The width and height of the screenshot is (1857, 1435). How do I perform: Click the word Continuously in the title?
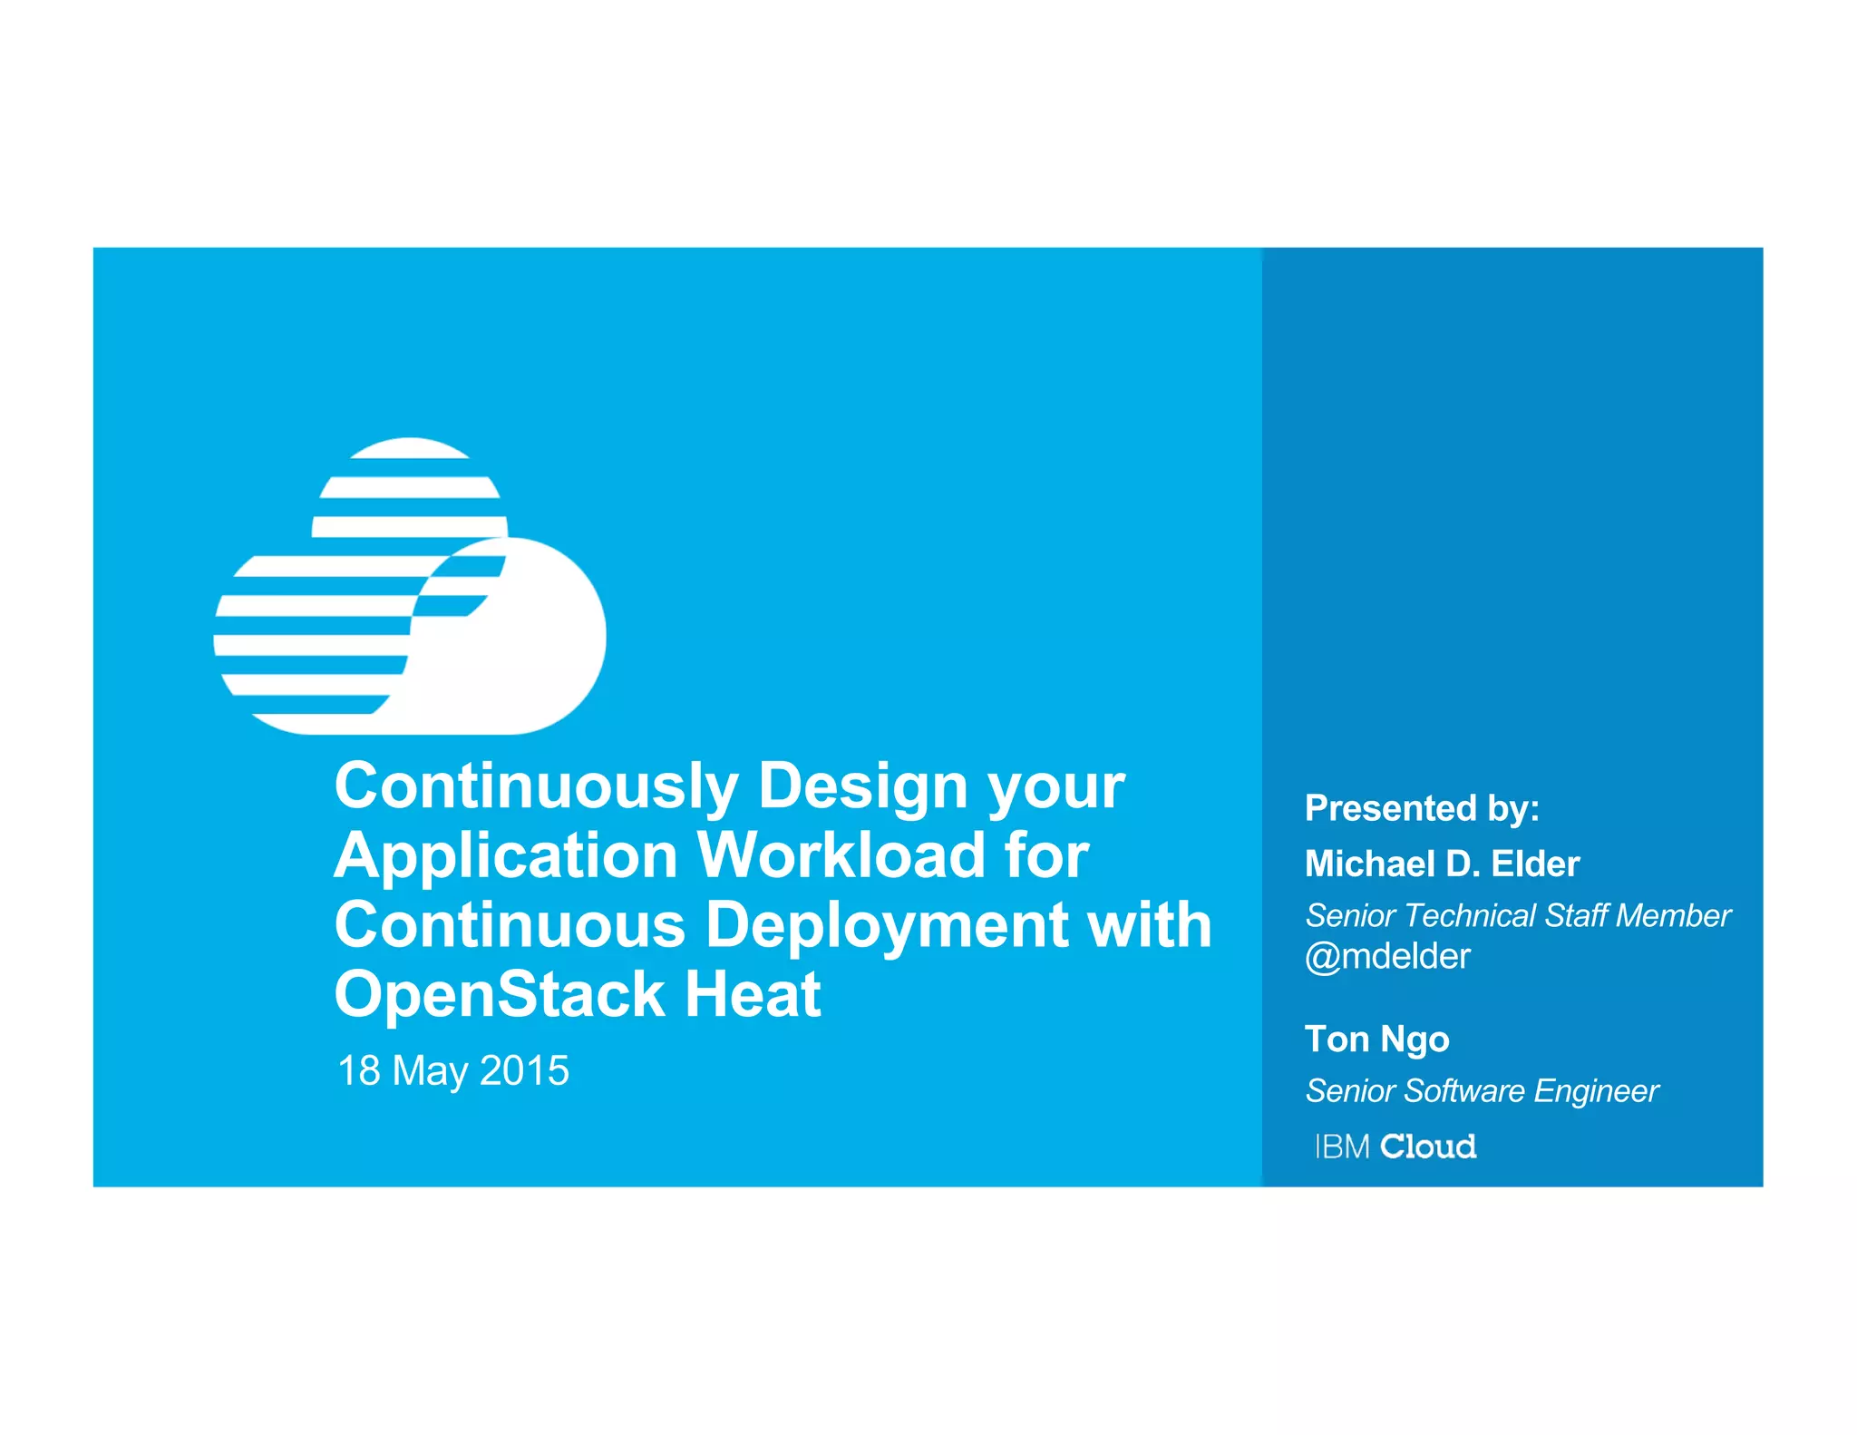click(x=536, y=786)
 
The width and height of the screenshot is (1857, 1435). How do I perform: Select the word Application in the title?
click(x=506, y=855)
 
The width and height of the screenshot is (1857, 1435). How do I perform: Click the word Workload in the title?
click(x=841, y=855)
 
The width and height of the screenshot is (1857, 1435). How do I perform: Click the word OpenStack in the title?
click(x=500, y=994)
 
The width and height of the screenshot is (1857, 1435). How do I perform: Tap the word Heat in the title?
click(x=753, y=994)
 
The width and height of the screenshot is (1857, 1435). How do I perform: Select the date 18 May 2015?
click(x=452, y=1070)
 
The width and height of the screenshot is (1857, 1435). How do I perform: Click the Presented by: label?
click(x=1421, y=808)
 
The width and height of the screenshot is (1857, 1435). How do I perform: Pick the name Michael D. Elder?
click(x=1442, y=864)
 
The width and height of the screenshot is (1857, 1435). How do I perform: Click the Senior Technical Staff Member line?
click(x=1517, y=915)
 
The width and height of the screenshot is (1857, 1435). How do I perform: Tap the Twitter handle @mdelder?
click(x=1387, y=956)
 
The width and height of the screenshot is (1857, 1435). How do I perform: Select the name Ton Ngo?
click(x=1376, y=1039)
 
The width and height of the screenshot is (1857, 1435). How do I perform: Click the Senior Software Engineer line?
click(x=1482, y=1090)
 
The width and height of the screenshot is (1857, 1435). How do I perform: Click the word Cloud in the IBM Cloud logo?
click(x=1428, y=1147)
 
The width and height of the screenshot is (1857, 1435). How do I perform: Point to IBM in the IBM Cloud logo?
click(x=1343, y=1147)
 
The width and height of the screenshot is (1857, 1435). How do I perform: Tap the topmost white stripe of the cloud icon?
click(x=409, y=447)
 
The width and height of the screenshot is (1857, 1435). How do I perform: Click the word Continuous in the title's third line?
click(x=509, y=926)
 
